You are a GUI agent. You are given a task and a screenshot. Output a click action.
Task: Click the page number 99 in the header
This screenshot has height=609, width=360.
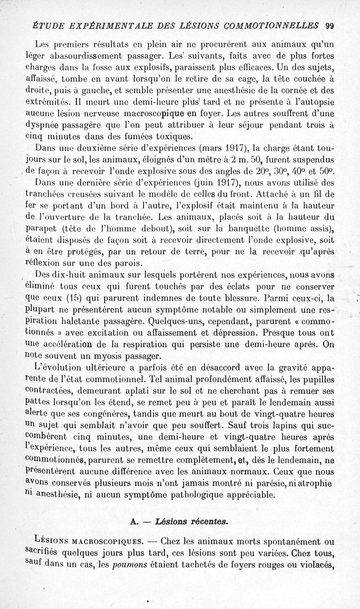pyautogui.click(x=331, y=26)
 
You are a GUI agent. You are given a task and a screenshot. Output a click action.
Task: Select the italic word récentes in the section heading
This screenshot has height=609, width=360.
pyautogui.click(x=206, y=522)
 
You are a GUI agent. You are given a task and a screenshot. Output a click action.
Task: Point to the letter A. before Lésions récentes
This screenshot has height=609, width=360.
pyautogui.click(x=133, y=522)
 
